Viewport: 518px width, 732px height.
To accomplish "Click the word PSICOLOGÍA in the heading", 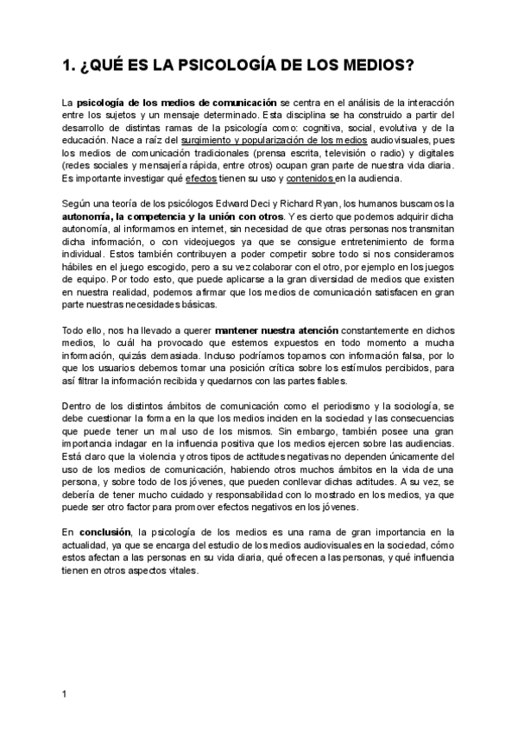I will pyautogui.click(x=207, y=65).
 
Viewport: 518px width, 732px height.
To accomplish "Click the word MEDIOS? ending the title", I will pyautogui.click(x=378, y=65).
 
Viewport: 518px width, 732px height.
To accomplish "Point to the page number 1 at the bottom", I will pyautogui.click(x=66, y=693).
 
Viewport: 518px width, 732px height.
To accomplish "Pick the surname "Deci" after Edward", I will pyautogui.click(x=280, y=202).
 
